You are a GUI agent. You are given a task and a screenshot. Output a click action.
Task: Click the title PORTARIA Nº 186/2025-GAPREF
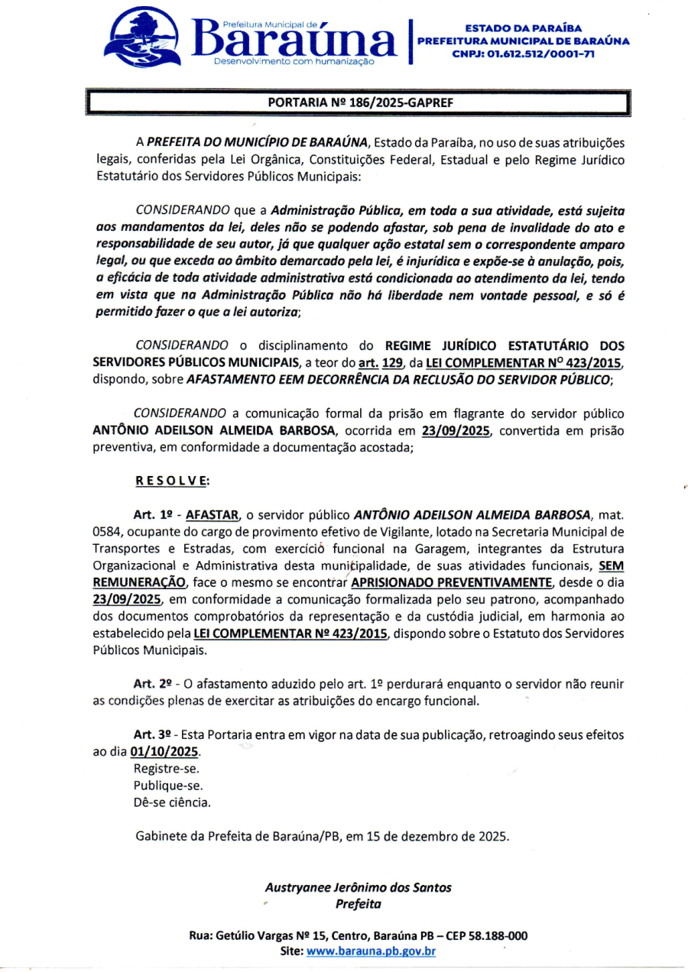(358, 102)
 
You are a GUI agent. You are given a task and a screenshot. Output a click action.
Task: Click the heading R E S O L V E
(172, 481)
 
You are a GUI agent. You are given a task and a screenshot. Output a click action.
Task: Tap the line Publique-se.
(168, 786)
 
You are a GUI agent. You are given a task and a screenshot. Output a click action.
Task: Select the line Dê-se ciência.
(172, 802)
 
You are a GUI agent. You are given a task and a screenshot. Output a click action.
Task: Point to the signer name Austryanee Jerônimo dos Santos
(358, 887)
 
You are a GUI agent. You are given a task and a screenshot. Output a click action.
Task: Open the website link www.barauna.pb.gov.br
(371, 951)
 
